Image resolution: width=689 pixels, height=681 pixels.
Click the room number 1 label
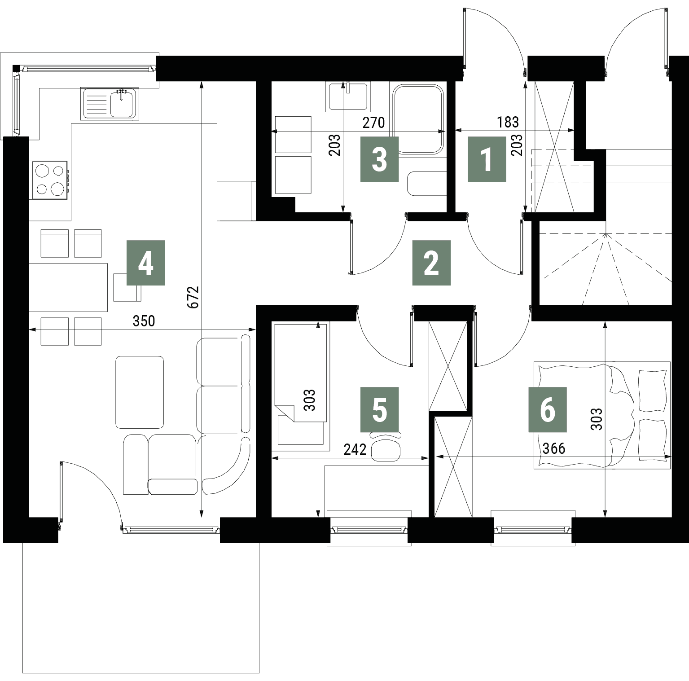point(487,159)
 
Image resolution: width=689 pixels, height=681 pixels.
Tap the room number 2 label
point(431,263)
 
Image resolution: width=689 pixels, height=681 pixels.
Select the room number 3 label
point(380,159)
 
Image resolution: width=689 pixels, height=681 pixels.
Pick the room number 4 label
point(146,263)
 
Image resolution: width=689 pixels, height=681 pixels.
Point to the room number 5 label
point(380,409)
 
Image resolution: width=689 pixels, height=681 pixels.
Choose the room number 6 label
point(548,409)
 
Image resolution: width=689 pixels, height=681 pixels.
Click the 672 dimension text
point(194,297)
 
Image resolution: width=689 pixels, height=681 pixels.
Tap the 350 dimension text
point(144,321)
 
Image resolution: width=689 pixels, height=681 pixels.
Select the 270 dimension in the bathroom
point(374,122)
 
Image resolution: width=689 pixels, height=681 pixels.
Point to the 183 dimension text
point(508,122)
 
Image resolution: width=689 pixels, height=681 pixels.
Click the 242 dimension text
point(355,449)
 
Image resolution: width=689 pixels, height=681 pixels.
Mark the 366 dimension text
point(554,448)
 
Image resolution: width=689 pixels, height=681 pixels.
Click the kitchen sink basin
point(121,103)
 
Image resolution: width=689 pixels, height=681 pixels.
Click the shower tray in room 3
point(418,120)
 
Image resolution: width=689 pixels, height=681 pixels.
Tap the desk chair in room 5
point(386,447)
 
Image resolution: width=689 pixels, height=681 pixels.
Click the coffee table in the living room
point(140,392)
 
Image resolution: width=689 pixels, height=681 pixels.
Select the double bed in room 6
point(602,415)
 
